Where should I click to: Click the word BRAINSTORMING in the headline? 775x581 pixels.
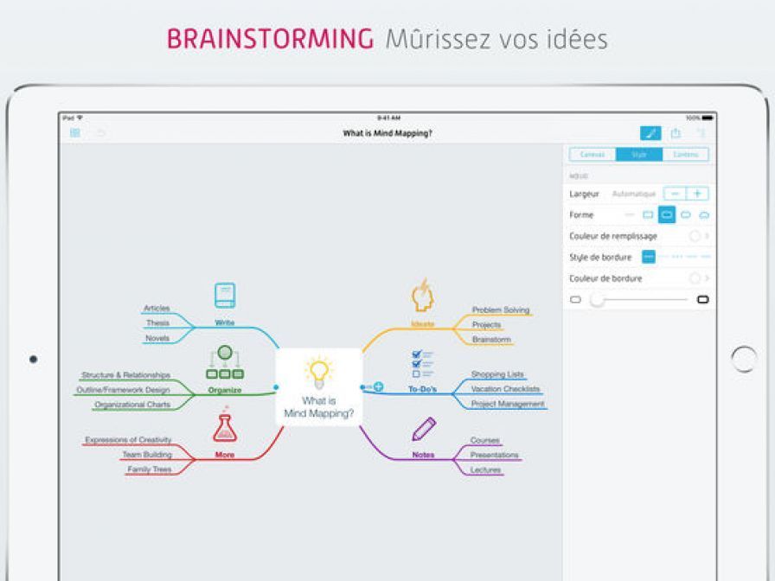pos(270,39)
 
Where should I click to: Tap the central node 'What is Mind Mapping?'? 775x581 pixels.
pos(318,386)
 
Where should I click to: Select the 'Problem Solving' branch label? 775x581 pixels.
pos(500,310)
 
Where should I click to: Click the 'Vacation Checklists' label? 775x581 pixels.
pos(505,389)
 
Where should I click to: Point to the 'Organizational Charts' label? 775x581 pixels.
pos(132,405)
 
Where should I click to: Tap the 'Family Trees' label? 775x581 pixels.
pos(150,469)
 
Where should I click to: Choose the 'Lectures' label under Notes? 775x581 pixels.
pos(485,469)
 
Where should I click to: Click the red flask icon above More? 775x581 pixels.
pos(225,428)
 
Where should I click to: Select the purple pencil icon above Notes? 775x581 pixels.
pos(423,429)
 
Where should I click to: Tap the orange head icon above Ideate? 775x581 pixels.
pos(422,296)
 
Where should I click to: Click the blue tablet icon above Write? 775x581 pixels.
pos(225,296)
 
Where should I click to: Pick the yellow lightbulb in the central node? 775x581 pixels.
pos(318,371)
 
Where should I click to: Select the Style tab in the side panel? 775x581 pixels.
pos(639,155)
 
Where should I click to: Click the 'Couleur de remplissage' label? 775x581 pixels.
pos(613,236)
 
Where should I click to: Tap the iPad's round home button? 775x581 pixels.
pos(743,359)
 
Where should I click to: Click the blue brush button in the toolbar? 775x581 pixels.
pos(650,133)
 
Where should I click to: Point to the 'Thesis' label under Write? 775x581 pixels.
pos(157,323)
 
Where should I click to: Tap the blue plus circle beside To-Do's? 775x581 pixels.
pos(378,386)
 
